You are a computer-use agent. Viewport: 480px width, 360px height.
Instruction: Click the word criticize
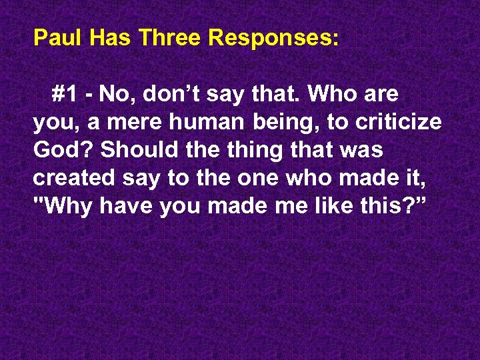point(401,123)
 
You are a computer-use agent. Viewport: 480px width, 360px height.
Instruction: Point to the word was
point(364,151)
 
